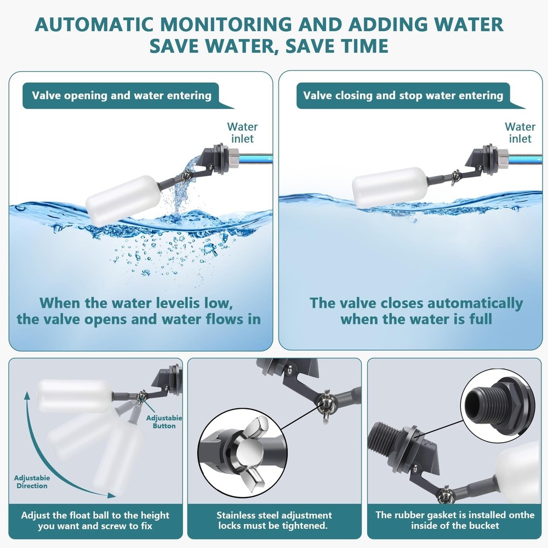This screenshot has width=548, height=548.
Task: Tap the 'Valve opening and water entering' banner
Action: (121, 95)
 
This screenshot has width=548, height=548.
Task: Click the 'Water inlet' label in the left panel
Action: (242, 133)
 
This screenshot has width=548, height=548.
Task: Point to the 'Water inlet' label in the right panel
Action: (520, 133)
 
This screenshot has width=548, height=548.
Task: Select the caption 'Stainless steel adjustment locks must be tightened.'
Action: (274, 520)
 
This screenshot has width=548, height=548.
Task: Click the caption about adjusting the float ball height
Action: (95, 520)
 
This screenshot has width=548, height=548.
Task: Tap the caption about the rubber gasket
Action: (454, 520)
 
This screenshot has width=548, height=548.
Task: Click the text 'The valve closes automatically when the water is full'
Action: (416, 311)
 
